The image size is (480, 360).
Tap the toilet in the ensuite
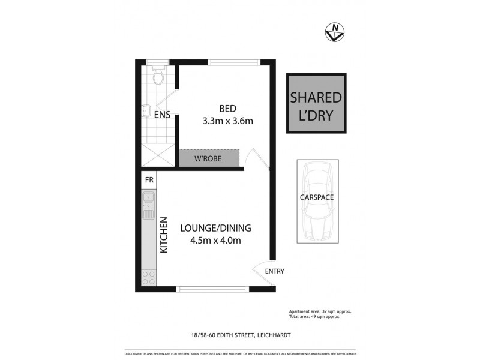pos(158,77)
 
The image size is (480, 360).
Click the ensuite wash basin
pos(145,110)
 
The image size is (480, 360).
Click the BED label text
pos(227,109)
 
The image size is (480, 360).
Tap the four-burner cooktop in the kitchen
pos(148,277)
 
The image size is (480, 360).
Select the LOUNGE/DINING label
pos(215,228)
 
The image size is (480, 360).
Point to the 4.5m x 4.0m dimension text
pos(215,241)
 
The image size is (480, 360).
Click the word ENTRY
pos(274,271)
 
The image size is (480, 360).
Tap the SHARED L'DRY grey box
pos(316,104)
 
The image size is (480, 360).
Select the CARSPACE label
pos(317,197)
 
